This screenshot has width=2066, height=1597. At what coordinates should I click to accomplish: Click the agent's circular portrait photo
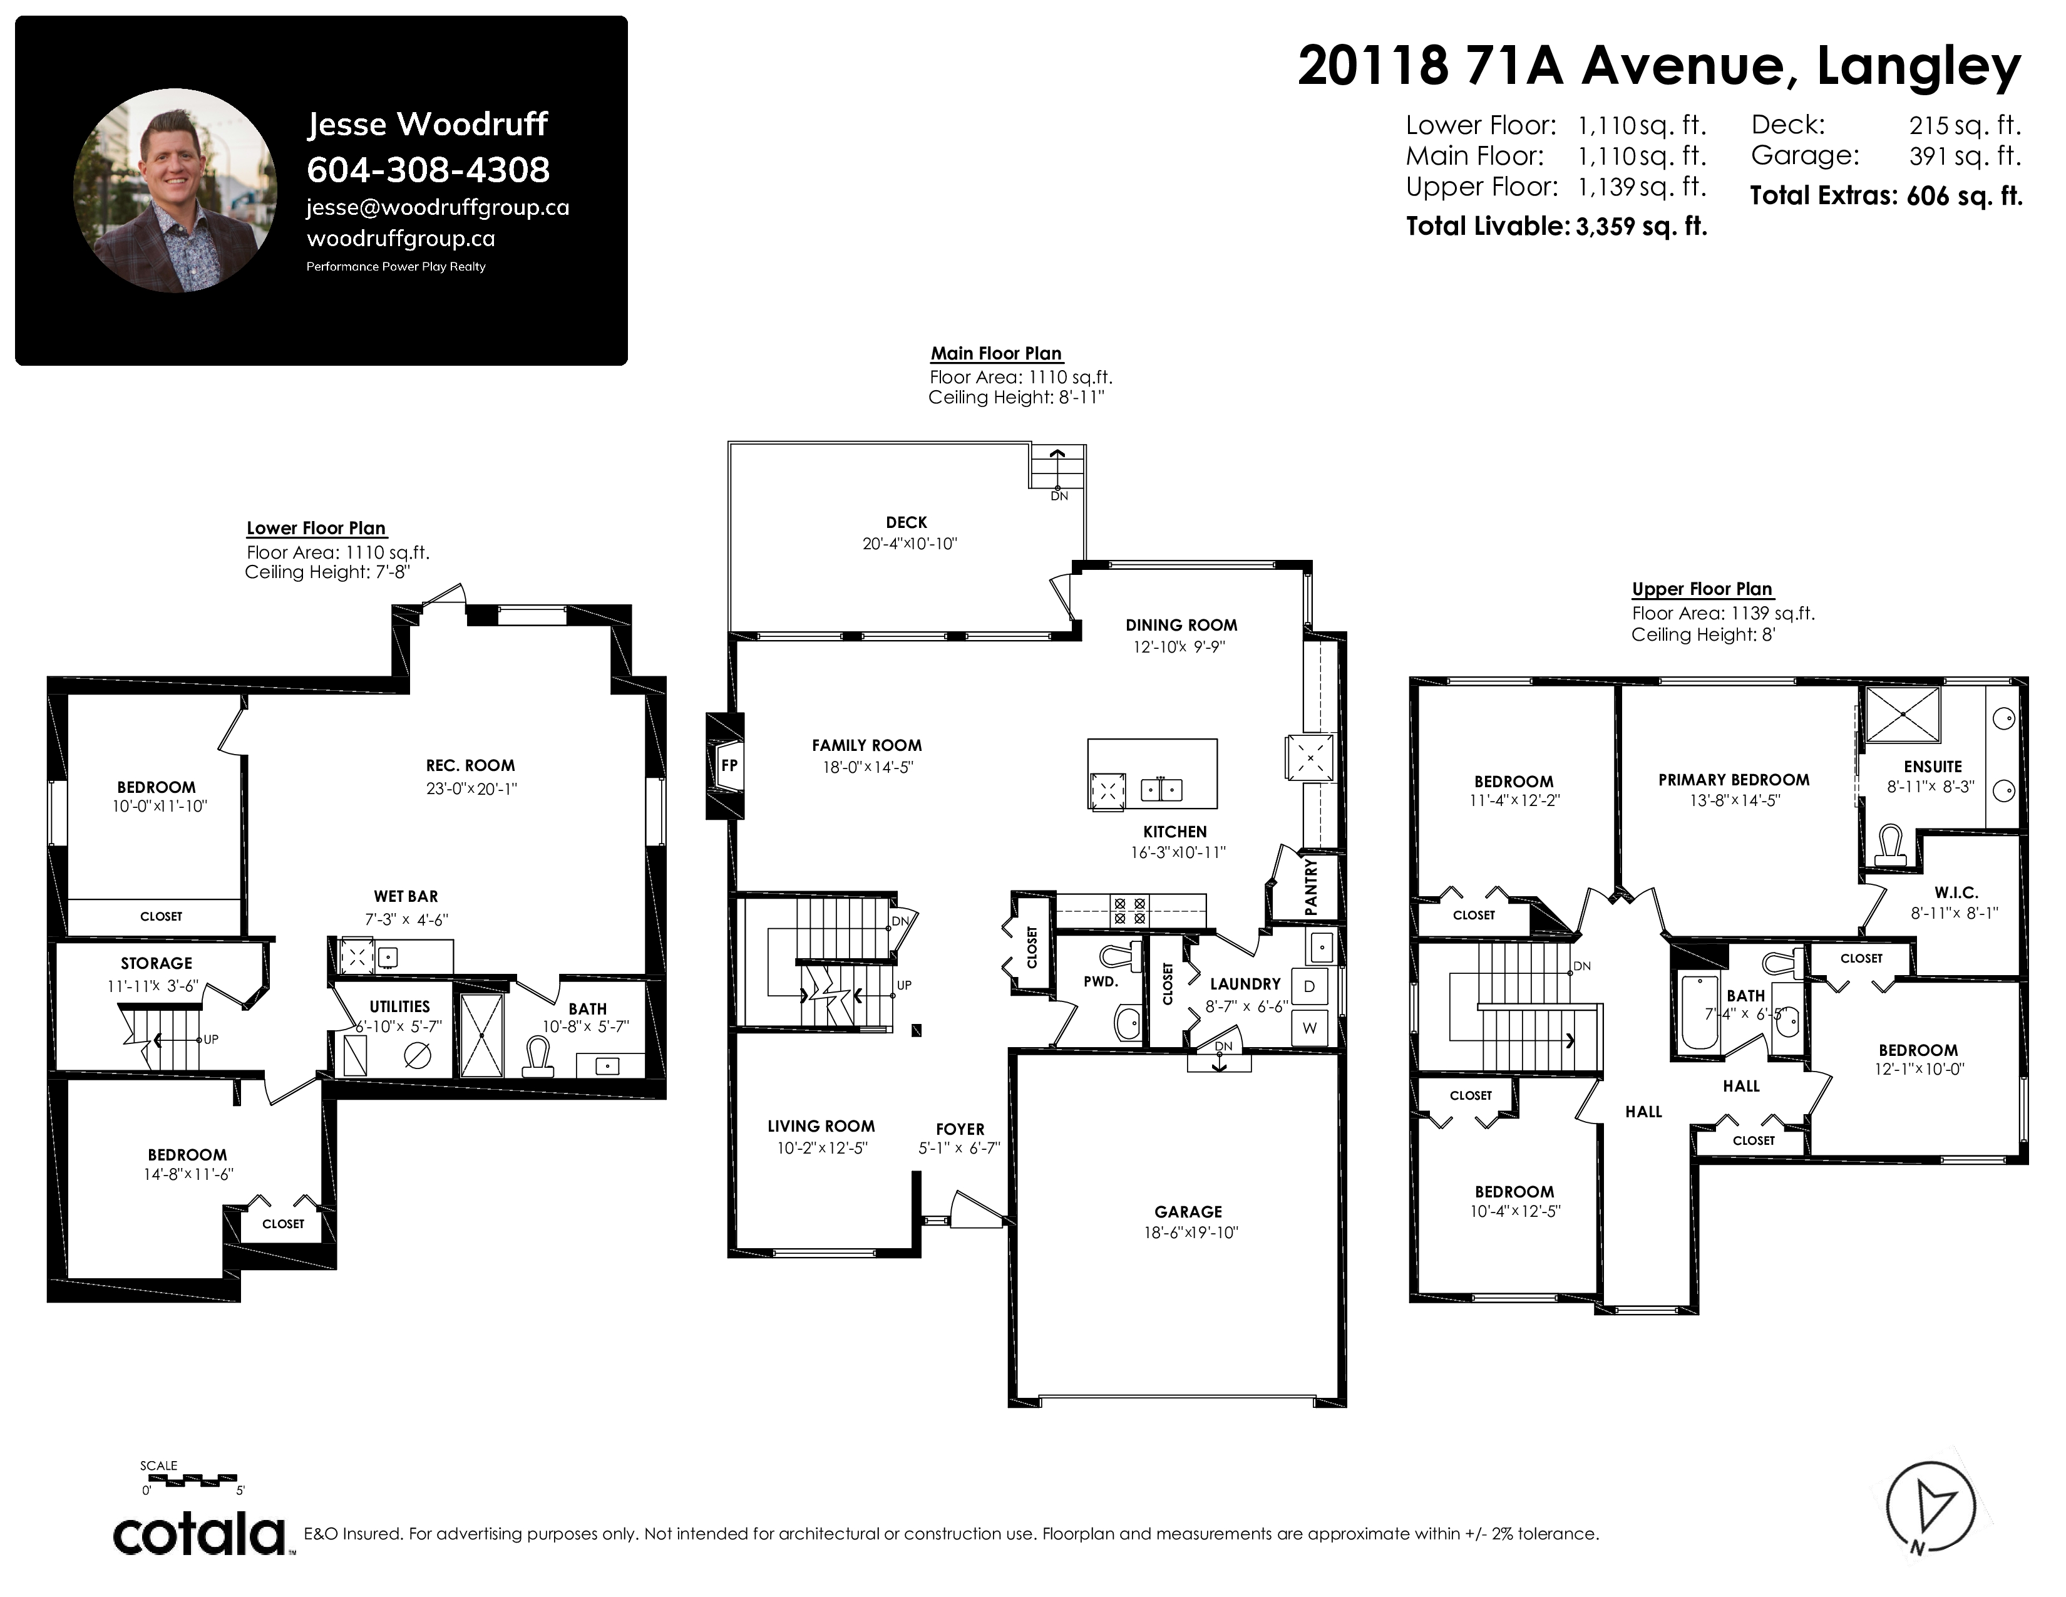tap(175, 190)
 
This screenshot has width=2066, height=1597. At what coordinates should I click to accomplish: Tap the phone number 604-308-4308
tap(428, 170)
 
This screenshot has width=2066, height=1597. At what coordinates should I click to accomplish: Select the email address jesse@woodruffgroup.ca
tap(438, 207)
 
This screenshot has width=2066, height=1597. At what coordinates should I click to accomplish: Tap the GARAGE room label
tap(1188, 1212)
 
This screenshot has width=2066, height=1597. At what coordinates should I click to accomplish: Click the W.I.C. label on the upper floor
tap(1956, 893)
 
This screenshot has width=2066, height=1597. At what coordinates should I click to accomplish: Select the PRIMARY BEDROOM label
tap(1734, 780)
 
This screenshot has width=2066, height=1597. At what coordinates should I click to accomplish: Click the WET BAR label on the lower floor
tap(406, 897)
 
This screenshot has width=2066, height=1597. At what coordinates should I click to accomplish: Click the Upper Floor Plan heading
tap(1702, 589)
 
